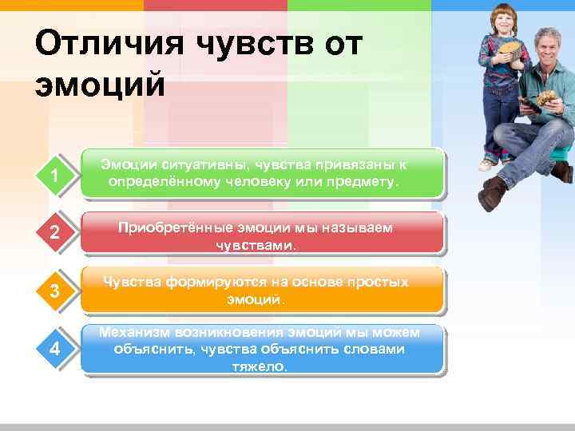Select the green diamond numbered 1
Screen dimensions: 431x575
click(x=54, y=174)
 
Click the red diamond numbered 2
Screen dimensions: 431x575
click(x=54, y=234)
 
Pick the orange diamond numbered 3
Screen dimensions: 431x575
click(x=54, y=291)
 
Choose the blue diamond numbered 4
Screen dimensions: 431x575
click(x=54, y=349)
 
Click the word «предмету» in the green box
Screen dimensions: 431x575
click(x=369, y=182)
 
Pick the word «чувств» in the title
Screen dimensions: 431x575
click(x=248, y=42)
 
